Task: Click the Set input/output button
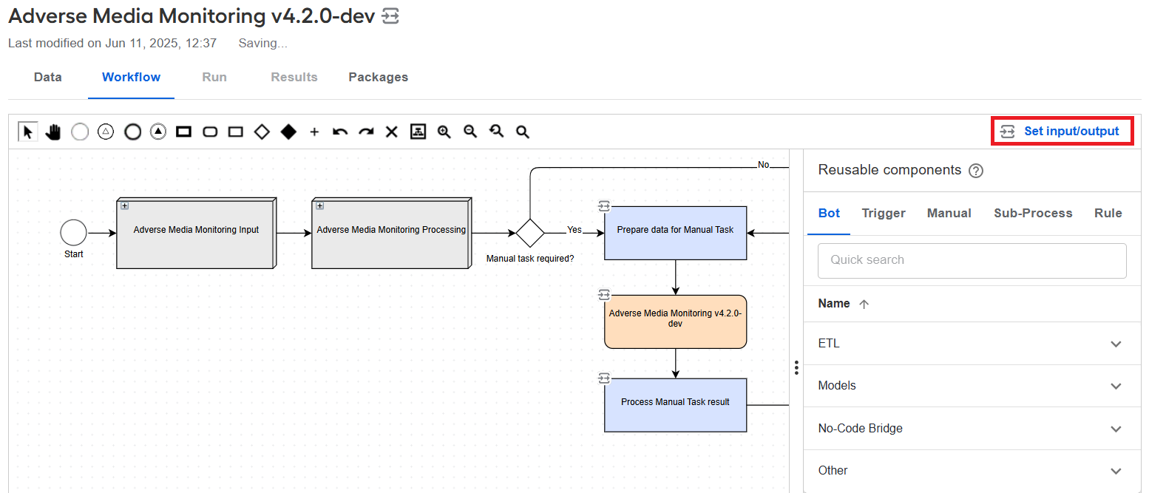pos(1062,132)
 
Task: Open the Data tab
pos(48,77)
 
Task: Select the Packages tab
pos(378,77)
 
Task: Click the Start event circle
pos(73,233)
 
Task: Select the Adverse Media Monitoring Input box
pos(197,233)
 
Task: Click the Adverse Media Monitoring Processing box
pos(391,233)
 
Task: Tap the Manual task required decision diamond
pos(530,233)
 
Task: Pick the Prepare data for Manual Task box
pos(675,233)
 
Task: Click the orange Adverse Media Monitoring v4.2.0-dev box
pos(675,322)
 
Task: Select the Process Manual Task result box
pos(675,405)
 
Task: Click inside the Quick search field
pos(972,261)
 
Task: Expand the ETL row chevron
pos(1116,344)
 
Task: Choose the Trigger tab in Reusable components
pos(884,214)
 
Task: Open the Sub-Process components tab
pos(1033,214)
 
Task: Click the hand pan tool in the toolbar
pos(52,132)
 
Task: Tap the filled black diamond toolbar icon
pos(288,132)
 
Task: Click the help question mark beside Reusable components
pos(976,171)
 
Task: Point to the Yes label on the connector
pos(574,230)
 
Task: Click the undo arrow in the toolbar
pos(340,132)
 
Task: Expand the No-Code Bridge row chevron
pos(1116,429)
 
